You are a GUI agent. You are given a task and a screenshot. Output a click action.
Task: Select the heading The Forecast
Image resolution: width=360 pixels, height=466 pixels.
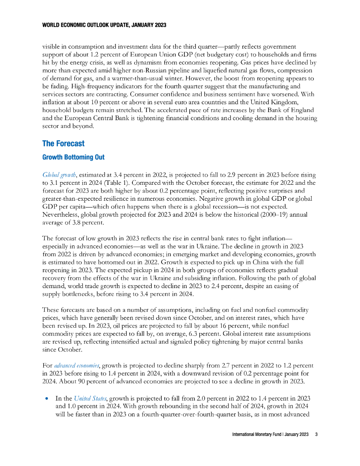click(63, 143)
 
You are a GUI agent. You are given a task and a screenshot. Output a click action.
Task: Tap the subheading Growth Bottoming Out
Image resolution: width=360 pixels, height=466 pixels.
click(73, 157)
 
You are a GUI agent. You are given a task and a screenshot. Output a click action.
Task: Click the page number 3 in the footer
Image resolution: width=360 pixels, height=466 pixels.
click(316, 435)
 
